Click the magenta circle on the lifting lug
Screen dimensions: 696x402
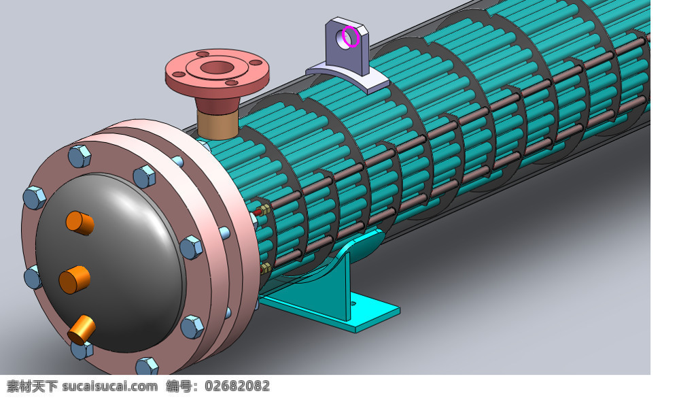343,37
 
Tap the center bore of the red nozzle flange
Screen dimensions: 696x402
217,68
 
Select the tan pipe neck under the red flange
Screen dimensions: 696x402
217,125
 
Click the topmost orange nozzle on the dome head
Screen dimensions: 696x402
80,222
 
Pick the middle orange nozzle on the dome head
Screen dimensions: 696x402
75,280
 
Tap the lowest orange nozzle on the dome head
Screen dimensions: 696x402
82,330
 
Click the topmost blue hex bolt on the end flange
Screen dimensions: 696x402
80,156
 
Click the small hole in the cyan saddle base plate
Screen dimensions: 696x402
353,304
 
